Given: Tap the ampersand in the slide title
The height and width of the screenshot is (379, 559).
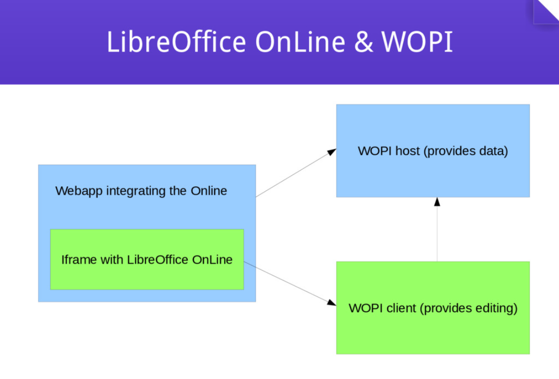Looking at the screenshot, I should coord(364,42).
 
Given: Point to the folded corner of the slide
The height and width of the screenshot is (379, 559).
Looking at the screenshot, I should coord(546,11).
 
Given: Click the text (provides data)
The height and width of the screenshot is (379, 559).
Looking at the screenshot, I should coord(466,151).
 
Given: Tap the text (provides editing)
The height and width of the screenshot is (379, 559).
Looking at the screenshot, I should coord(469,308).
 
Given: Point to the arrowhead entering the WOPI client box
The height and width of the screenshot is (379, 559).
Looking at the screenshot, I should coord(331,303).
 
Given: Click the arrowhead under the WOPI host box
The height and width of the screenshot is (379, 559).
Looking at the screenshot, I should coord(437,202).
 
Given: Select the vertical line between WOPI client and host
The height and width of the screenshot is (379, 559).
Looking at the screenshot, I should coord(437,234).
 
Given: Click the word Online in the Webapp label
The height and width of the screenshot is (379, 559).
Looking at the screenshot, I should coord(208,191).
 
